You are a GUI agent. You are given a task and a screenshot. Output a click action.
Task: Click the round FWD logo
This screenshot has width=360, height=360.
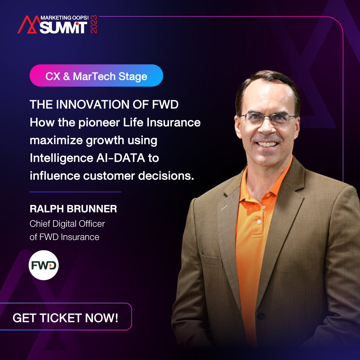pos(43,265)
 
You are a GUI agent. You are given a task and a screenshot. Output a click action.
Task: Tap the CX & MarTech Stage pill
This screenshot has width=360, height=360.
pos(96,76)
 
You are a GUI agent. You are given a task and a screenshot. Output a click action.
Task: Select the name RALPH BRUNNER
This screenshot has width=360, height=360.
pos(73,209)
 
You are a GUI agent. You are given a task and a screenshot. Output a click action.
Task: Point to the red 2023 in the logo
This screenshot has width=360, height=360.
pos(94,24)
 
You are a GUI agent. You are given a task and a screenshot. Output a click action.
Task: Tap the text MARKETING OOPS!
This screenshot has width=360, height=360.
pos(64,18)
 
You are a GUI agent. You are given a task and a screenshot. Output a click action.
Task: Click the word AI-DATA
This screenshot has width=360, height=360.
pos(121,158)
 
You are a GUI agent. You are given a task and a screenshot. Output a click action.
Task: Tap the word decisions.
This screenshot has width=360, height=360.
pos(166,176)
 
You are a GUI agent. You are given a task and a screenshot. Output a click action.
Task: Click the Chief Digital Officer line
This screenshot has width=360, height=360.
pos(67,223)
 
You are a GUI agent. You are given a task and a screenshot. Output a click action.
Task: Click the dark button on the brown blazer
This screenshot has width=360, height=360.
pos(261,316)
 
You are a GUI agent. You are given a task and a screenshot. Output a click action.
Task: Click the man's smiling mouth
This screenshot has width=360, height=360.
pos(267,144)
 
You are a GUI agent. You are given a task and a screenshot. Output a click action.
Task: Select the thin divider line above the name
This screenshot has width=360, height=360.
pos(75,192)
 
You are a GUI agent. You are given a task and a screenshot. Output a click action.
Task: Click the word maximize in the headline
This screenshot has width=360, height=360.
pos(56,140)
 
